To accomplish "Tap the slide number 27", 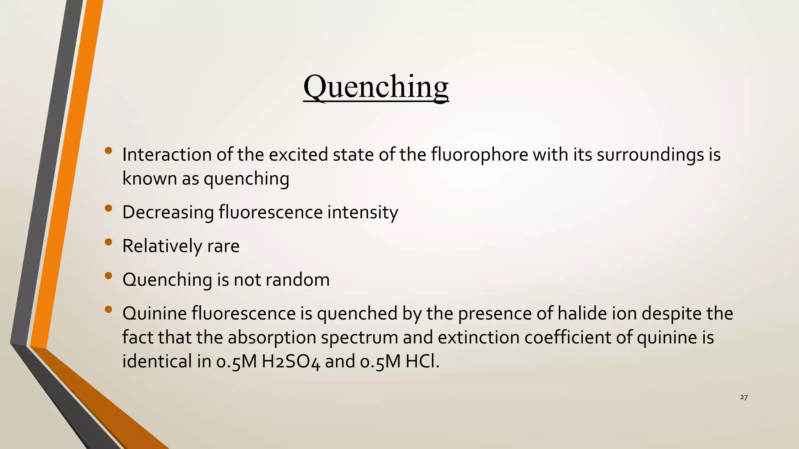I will click(x=744, y=397).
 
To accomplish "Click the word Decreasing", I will click(x=168, y=212).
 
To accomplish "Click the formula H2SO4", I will click(x=291, y=362).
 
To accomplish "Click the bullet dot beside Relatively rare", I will click(x=108, y=242).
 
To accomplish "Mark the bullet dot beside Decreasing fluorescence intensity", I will click(x=108, y=209).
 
